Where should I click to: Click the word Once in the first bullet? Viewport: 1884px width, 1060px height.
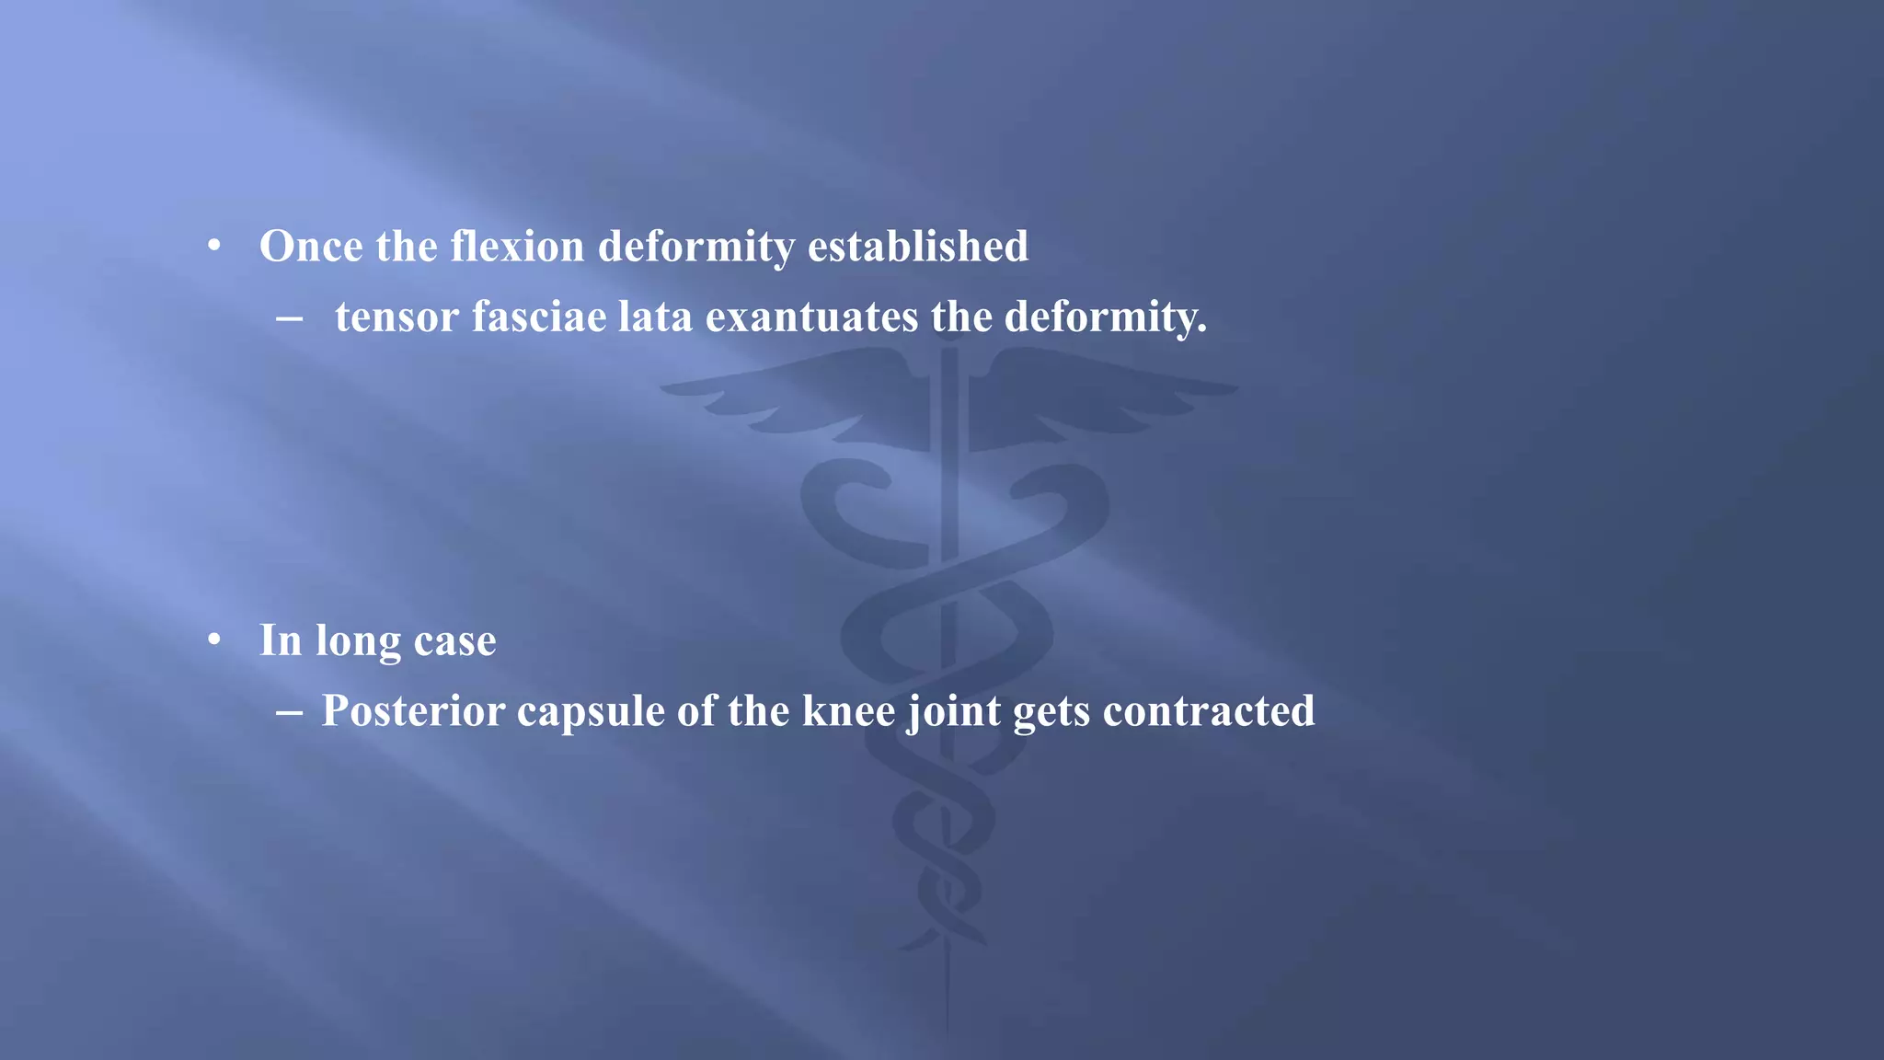click(x=311, y=247)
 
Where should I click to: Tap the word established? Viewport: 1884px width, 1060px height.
click(x=917, y=247)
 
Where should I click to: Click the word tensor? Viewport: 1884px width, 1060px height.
click(x=396, y=317)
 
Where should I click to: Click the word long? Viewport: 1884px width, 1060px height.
click(x=358, y=642)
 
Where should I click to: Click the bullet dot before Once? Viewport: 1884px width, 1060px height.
click(x=214, y=247)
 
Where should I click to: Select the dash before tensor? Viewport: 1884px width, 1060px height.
click(x=289, y=318)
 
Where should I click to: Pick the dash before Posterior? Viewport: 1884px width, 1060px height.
click(x=289, y=712)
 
